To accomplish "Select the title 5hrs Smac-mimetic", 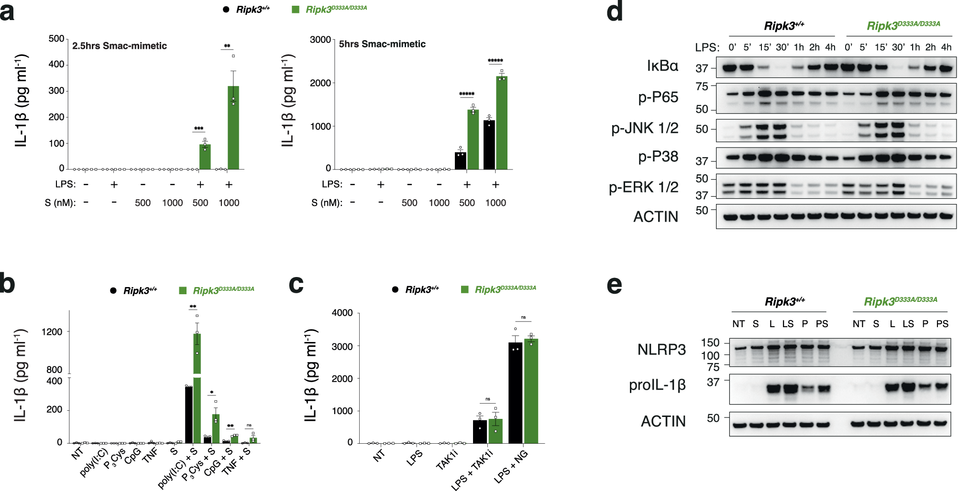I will [382, 44].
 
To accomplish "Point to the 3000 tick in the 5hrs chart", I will [320, 40].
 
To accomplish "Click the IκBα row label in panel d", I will [662, 66].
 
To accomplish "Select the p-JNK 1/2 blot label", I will [645, 128].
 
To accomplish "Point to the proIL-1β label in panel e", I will [657, 385].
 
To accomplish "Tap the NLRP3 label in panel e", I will [661, 350].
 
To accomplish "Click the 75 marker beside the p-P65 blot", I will [702, 86].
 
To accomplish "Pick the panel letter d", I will [615, 12].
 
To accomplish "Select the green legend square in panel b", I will [183, 290].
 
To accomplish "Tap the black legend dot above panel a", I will [226, 10].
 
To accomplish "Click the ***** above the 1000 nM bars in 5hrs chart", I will [495, 61].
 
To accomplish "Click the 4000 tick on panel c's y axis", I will [342, 313].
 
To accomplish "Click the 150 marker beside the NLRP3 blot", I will [710, 342].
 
